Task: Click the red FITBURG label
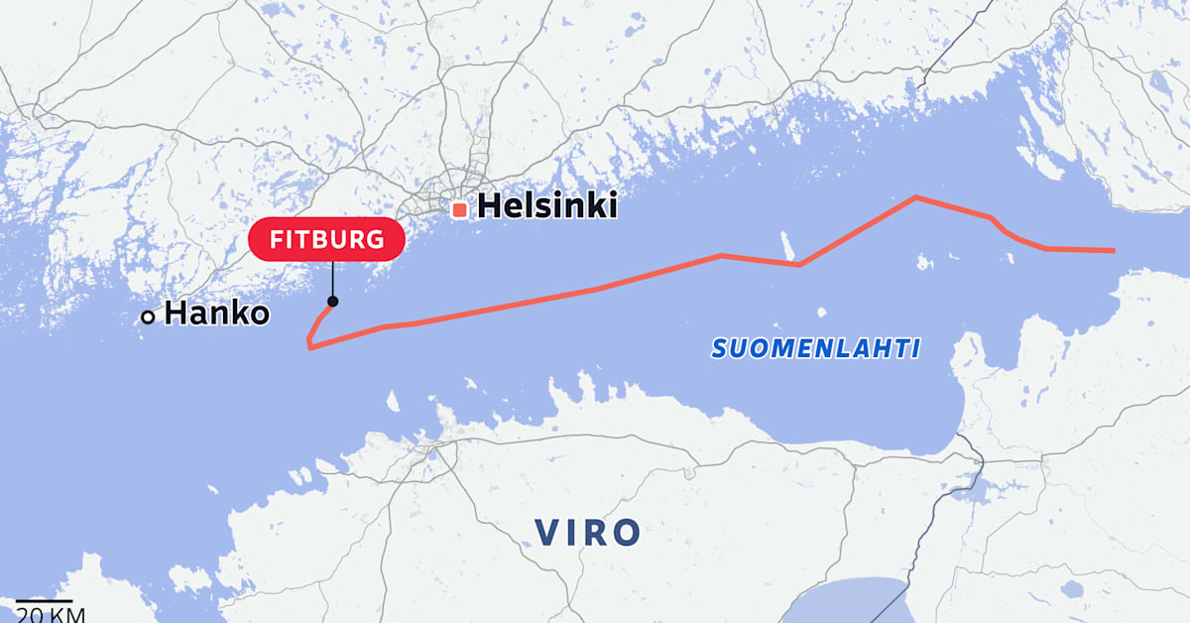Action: click(x=325, y=239)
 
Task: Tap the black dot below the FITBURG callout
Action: click(x=332, y=302)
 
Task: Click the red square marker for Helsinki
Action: click(x=459, y=209)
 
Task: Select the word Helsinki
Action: click(x=547, y=206)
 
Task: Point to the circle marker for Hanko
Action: click(x=148, y=316)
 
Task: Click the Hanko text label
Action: click(x=216, y=313)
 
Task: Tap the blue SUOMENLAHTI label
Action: click(x=816, y=348)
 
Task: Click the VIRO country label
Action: click(x=589, y=533)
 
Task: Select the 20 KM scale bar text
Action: click(x=43, y=613)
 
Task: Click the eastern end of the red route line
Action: click(x=1115, y=251)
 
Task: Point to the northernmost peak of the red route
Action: click(x=915, y=197)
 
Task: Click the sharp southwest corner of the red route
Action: click(x=309, y=346)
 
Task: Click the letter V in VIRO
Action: click(x=549, y=533)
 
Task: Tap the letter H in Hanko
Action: click(x=177, y=313)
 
